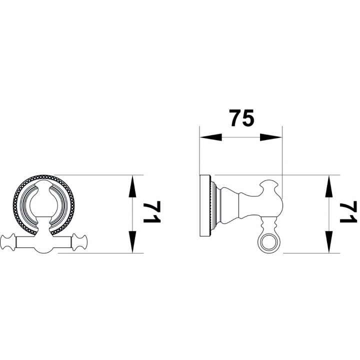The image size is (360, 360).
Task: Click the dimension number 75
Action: tap(242, 118)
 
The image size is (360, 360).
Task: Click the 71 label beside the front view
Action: tap(152, 212)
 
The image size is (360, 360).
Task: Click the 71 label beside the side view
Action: tap(348, 212)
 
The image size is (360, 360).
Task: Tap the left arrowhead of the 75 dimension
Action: tap(211, 137)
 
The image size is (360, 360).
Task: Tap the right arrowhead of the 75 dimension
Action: tap(271, 137)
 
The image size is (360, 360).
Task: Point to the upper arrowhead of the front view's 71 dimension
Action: tap(132, 186)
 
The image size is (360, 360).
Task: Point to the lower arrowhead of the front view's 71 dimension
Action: tap(132, 242)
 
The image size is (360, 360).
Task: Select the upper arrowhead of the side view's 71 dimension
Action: tap(329, 186)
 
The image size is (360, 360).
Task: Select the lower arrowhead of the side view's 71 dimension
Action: tap(329, 242)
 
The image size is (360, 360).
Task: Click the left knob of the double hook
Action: tap(8, 242)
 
